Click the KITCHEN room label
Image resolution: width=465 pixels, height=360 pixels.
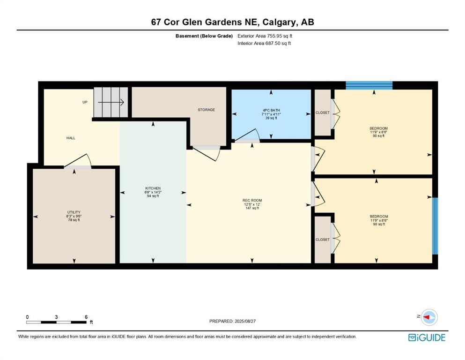pos(153,188)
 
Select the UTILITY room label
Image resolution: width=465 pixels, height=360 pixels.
pos(74,212)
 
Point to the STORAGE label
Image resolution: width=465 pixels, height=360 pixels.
pos(206,110)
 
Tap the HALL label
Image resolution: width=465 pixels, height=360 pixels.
pos(71,138)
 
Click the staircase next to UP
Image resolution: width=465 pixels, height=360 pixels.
pos(111,102)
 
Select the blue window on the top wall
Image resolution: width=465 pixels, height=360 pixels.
pos(369,85)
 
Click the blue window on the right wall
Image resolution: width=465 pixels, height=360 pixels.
pos(435,225)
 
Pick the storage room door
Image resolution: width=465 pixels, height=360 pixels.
pos(207,153)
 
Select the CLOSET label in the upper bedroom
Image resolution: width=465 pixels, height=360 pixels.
pos(322,112)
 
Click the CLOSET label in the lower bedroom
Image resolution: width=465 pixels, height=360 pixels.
pos(322,240)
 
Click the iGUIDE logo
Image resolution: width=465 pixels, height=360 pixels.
pos(427,337)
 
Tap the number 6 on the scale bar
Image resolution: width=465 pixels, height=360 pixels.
pos(86,317)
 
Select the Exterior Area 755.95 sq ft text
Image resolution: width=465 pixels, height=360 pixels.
pos(267,36)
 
